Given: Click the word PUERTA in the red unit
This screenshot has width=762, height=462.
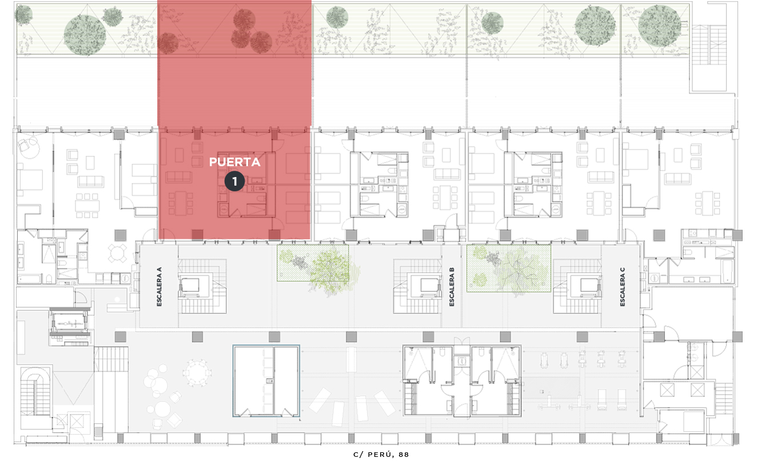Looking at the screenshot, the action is (x=235, y=162).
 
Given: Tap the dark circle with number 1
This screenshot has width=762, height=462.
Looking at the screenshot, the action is (x=235, y=181).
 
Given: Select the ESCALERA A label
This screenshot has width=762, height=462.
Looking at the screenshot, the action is (x=159, y=287).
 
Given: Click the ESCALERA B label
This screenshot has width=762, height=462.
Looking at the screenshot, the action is (x=452, y=287).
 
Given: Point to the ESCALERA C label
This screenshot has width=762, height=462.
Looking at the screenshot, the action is (x=623, y=287).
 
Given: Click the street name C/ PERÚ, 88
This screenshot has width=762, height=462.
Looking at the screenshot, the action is (x=381, y=455).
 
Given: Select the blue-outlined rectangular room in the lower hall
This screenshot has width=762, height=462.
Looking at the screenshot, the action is (x=266, y=381).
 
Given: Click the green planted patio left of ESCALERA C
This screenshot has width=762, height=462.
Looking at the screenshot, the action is (x=509, y=268).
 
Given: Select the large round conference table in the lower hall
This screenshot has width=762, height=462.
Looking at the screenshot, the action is (x=197, y=372).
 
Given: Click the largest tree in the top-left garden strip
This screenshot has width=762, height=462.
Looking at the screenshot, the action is (x=85, y=35).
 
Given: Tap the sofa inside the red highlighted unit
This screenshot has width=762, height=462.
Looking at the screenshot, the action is (x=178, y=177).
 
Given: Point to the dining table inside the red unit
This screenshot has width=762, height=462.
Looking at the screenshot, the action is (x=181, y=203).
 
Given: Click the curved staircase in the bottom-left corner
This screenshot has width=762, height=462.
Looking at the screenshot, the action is (x=35, y=391).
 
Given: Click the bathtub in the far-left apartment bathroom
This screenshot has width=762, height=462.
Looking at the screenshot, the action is (x=30, y=279).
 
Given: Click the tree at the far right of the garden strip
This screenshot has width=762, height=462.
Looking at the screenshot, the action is (x=659, y=26).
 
